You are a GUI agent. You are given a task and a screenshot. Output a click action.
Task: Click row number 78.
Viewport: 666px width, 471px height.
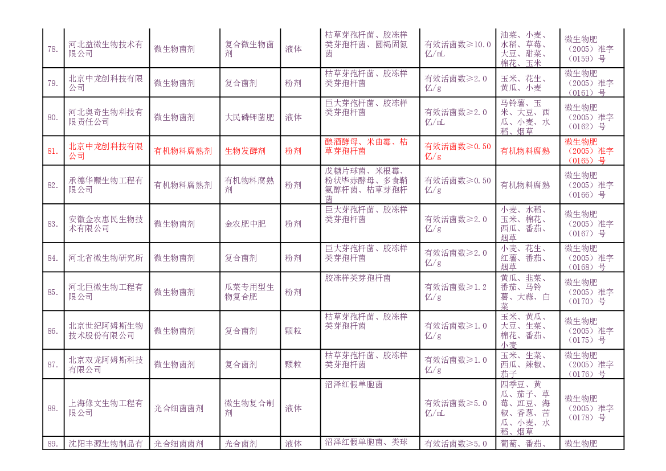52,50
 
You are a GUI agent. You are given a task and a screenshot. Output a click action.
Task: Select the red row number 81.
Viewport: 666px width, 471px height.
52,151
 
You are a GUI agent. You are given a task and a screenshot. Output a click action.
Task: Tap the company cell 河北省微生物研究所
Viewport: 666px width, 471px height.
106,258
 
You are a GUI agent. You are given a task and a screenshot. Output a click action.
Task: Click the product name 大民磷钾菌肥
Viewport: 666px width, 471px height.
250,117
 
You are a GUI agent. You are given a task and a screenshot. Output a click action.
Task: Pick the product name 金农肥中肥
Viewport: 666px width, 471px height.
245,224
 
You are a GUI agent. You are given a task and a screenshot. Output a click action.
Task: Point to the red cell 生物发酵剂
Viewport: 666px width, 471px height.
245,151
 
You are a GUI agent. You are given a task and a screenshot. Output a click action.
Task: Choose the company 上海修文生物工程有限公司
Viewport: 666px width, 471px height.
106,408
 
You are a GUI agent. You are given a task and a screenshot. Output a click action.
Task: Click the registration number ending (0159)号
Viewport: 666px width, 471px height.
589,49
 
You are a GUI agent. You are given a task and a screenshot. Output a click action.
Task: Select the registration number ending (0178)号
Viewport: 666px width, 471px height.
589,408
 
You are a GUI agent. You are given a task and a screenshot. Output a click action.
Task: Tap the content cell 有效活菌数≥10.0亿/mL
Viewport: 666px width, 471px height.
457,49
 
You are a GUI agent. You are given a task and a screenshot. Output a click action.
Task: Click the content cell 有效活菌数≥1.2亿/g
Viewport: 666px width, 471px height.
455,292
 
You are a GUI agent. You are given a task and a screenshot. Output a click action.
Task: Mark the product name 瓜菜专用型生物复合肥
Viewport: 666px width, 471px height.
250,292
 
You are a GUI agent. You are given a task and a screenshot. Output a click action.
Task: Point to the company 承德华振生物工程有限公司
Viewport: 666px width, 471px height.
106,185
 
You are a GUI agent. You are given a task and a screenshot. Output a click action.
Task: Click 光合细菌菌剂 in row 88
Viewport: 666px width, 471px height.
179,408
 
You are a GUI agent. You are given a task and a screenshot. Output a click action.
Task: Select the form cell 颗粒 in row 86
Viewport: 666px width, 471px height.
293,331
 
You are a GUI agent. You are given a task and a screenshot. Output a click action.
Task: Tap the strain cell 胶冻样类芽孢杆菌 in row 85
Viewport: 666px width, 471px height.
358,278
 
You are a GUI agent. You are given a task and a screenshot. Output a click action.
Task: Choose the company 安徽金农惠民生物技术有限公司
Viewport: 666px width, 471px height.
106,224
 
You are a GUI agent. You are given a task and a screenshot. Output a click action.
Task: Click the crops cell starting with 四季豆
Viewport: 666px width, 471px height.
525,408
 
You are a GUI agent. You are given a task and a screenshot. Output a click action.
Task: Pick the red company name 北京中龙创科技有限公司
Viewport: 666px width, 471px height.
106,151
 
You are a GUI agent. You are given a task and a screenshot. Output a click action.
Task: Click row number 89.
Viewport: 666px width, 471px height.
52,444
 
